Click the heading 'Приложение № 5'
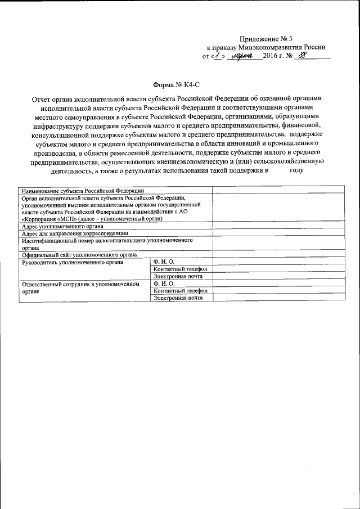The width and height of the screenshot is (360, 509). pyautogui.click(x=266, y=39)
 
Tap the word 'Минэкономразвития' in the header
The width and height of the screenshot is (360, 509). pyautogui.click(x=274, y=48)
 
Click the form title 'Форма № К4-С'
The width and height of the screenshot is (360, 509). pyautogui.click(x=177, y=84)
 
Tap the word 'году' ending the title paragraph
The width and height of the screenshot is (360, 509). pyautogui.click(x=296, y=169)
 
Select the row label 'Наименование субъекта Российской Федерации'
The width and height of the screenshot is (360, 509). pyautogui.click(x=83, y=191)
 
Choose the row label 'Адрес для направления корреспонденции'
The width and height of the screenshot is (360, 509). pyautogui.click(x=75, y=233)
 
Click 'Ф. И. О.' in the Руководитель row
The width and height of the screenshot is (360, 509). pyautogui.click(x=164, y=262)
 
